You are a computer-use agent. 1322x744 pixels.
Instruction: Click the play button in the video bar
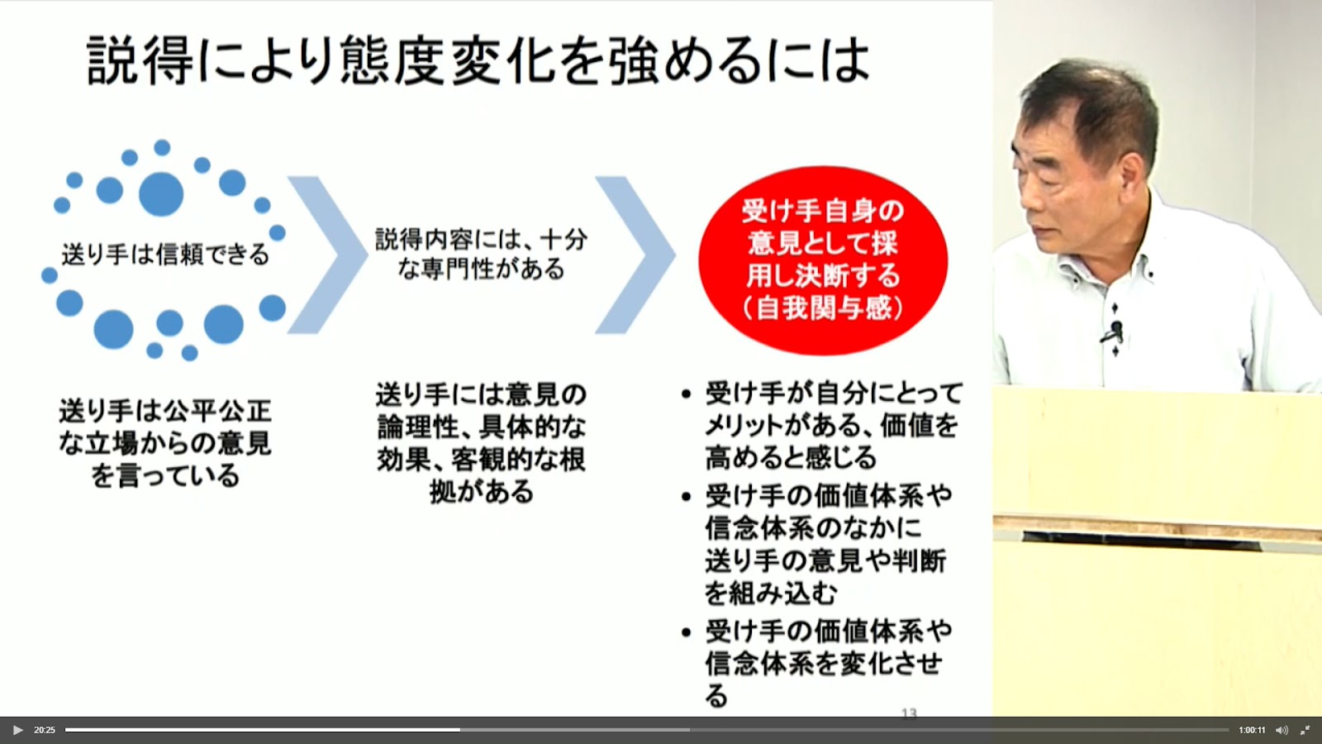[x=17, y=731]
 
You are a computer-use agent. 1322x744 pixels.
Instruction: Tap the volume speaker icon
[x=1282, y=731]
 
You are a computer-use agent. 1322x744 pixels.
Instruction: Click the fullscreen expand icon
[x=1305, y=731]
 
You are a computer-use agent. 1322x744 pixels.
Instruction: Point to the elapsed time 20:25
[x=45, y=731]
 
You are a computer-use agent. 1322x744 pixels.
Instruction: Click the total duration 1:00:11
[x=1252, y=731]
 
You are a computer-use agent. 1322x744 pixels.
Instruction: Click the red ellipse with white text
[x=823, y=260]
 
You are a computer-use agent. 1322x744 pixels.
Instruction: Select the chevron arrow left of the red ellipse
[x=635, y=255]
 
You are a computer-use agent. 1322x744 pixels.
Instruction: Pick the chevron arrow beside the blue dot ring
[x=327, y=255]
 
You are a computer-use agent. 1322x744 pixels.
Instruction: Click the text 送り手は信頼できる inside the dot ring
[x=165, y=255]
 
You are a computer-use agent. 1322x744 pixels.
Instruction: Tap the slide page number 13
[x=909, y=714]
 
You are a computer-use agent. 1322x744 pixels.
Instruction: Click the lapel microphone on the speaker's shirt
[x=1115, y=331]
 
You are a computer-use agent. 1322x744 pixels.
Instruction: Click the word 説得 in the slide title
[x=140, y=61]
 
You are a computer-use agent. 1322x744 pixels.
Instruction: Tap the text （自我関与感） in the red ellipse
[x=823, y=308]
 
